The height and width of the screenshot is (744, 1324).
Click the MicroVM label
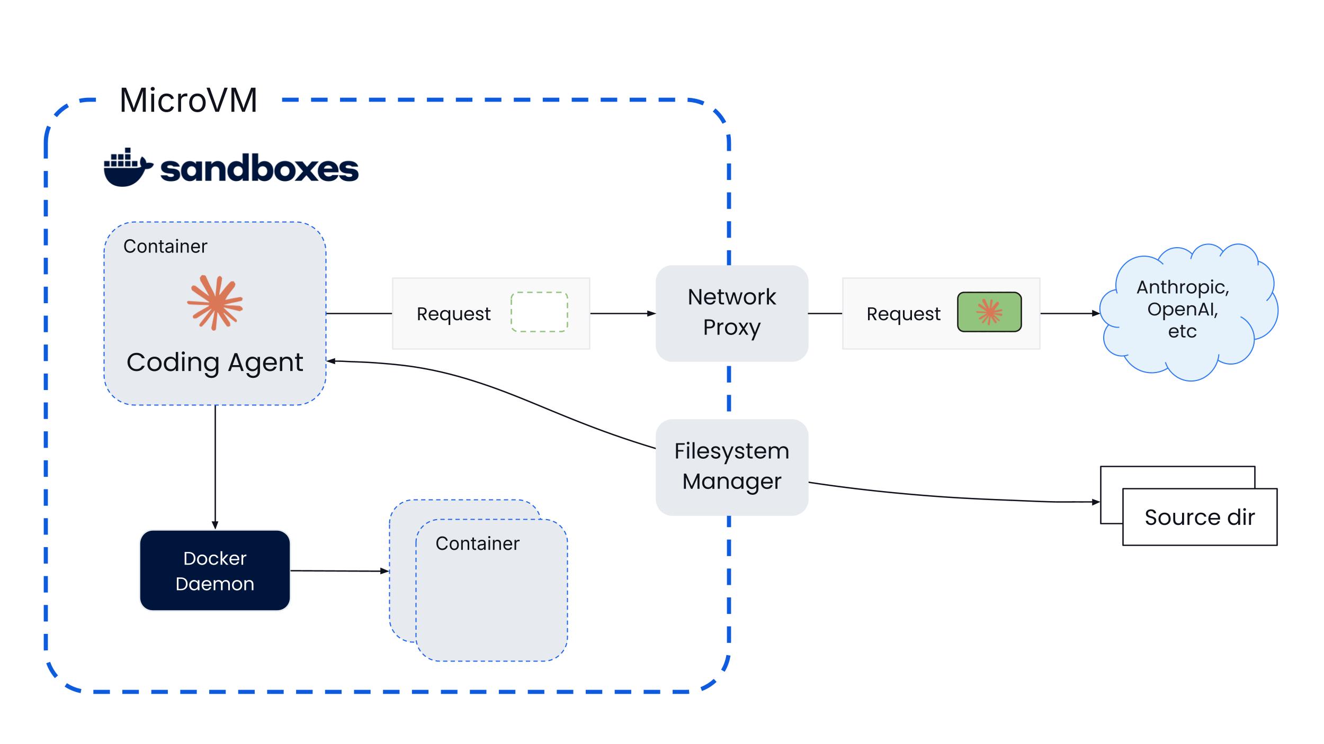click(x=189, y=100)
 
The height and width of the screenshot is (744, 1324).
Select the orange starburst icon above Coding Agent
click(x=215, y=303)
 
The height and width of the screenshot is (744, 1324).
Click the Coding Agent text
click(x=215, y=363)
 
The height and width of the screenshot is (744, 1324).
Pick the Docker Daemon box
click(x=215, y=570)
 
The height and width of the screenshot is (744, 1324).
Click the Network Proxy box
click(x=732, y=313)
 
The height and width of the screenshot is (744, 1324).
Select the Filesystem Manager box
click(x=732, y=467)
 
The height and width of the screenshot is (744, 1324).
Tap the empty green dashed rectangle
click(x=539, y=312)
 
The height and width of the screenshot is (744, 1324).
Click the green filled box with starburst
click(x=989, y=312)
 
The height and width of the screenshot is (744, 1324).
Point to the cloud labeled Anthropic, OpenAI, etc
click(x=1188, y=312)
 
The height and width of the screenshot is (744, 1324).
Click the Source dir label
click(x=1200, y=517)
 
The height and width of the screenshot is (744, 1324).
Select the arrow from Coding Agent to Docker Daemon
click(x=215, y=467)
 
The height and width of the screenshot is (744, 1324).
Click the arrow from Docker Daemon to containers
click(x=340, y=571)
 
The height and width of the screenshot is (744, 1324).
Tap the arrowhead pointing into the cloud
click(x=1096, y=313)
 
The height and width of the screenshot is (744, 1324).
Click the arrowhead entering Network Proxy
click(x=651, y=313)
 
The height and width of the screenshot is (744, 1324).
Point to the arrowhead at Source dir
click(x=1096, y=502)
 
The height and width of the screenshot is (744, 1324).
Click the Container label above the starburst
click(x=165, y=247)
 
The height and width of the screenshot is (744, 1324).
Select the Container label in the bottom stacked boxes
click(x=477, y=543)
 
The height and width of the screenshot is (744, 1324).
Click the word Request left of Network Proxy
click(x=453, y=314)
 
